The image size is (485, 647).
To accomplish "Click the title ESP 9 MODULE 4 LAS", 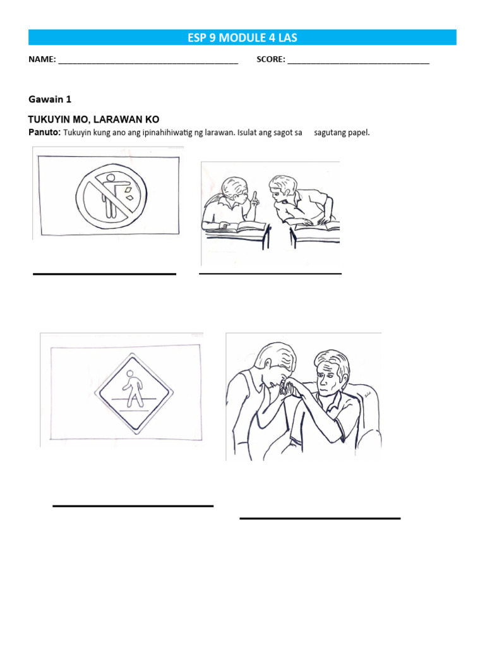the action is click(x=242, y=37).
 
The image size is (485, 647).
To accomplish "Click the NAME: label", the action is click(x=42, y=59).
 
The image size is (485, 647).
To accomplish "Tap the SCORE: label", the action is click(x=270, y=59).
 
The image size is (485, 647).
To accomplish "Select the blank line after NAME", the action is click(x=148, y=63).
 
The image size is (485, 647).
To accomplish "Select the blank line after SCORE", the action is click(x=359, y=63).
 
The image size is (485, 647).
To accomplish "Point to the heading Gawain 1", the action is click(x=50, y=99).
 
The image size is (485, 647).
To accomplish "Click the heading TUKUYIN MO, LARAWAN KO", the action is click(x=93, y=119).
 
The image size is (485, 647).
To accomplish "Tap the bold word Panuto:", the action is click(x=45, y=133).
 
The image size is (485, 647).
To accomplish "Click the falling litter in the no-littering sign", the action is click(x=129, y=193).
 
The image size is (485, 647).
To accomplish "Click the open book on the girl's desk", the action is click(x=242, y=226).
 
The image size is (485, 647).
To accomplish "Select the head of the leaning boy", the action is click(x=283, y=188).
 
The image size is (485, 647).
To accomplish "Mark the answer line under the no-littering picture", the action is click(x=104, y=274).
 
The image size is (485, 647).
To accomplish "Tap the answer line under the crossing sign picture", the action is click(x=133, y=505).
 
